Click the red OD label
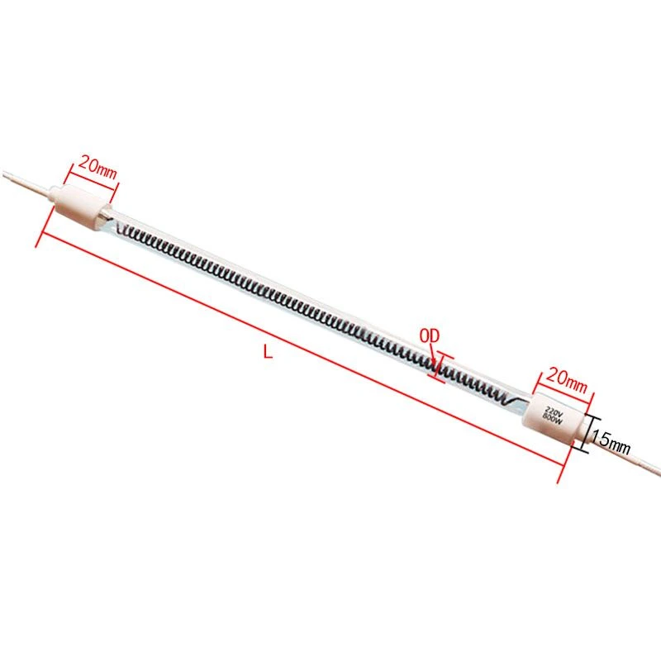pos(430,335)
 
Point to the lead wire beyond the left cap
pos(25,182)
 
